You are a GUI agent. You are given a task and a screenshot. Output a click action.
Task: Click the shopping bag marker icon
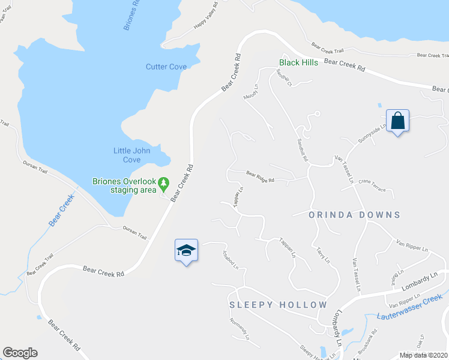point(397,121)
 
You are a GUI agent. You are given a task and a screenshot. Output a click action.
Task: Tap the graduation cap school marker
point(186,250)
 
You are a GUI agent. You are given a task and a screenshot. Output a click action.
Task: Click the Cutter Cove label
point(166,67)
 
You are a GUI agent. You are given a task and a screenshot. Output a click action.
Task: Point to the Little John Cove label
point(136,155)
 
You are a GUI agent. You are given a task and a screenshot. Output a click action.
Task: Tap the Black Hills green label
point(301,62)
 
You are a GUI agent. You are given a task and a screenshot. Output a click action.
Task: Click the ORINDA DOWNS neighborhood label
point(354,214)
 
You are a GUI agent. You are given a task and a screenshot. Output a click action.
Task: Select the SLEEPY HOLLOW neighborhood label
point(278,305)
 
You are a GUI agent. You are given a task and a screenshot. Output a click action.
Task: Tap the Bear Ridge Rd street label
point(260,177)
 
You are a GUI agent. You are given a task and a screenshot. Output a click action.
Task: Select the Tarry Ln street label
point(323,257)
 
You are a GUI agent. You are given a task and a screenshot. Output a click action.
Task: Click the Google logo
point(20,353)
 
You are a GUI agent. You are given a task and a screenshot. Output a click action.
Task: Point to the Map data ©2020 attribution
point(424,355)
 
